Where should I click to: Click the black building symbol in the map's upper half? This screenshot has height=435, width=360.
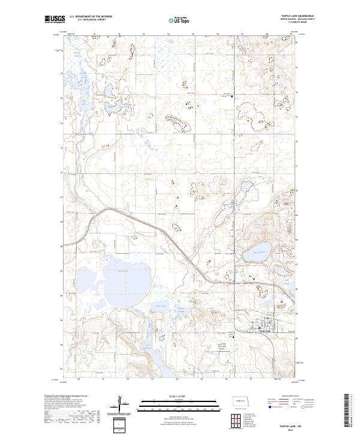(233, 96)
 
